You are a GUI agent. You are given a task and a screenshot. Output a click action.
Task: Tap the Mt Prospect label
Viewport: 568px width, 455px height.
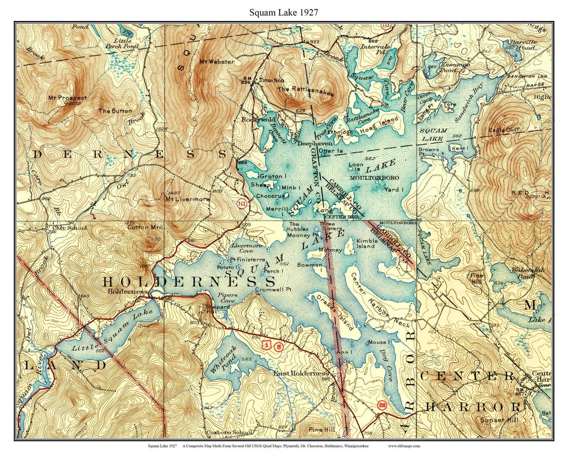pyautogui.click(x=67, y=98)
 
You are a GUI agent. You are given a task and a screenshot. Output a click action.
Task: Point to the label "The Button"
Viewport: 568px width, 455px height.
pyautogui.click(x=115, y=111)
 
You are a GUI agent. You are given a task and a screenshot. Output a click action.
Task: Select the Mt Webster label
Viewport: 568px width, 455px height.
pyautogui.click(x=217, y=62)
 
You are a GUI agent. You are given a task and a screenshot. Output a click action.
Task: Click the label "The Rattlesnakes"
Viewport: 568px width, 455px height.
pyautogui.click(x=298, y=90)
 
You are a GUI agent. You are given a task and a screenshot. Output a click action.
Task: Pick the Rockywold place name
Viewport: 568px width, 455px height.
pyautogui.click(x=258, y=120)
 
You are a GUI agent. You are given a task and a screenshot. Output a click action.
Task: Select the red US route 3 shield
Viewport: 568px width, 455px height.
pyautogui.click(x=267, y=345)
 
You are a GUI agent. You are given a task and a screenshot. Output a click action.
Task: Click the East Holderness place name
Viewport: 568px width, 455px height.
pyautogui.click(x=301, y=373)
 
